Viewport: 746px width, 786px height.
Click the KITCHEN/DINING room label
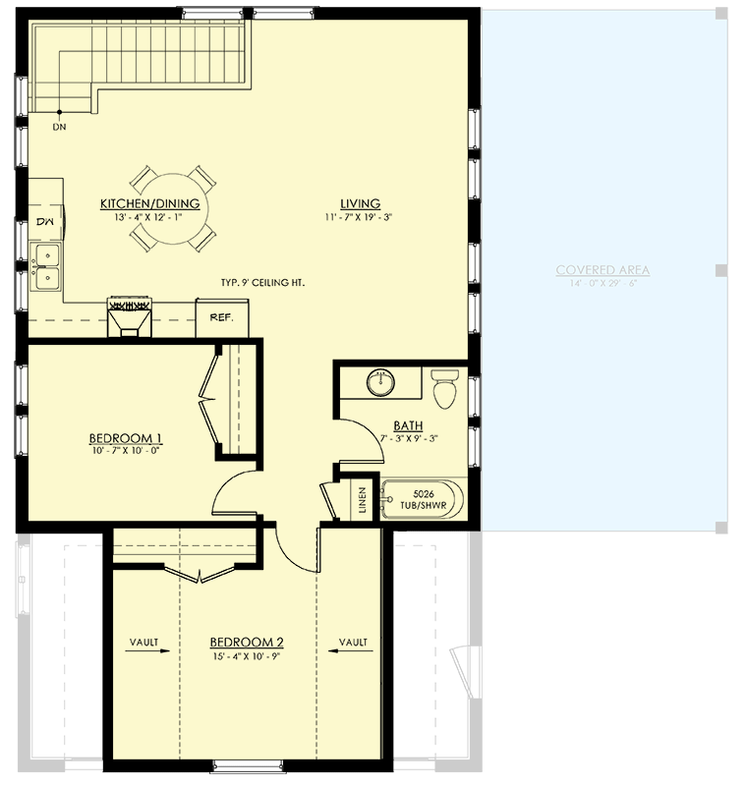coord(150,203)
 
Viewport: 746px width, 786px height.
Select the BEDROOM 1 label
coord(125,438)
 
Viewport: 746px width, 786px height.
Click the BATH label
coord(409,426)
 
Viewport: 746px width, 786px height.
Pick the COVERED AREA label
coord(603,270)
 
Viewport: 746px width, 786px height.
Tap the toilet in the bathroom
coord(444,390)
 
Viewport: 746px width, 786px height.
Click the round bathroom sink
coord(381,382)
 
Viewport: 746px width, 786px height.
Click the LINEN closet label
coord(362,500)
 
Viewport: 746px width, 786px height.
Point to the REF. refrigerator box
coord(222,318)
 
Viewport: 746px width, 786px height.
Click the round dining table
coord(173,209)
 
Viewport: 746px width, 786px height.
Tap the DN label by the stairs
coord(59,127)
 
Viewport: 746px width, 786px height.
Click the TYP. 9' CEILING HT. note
coord(262,283)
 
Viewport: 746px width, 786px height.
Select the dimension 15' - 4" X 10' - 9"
coord(247,656)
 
